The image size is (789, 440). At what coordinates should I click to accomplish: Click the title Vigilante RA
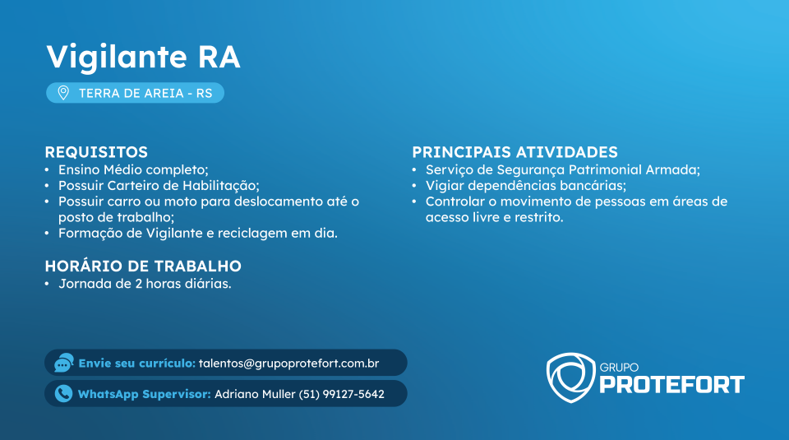point(143,58)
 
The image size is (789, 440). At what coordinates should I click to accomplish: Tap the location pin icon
point(63,93)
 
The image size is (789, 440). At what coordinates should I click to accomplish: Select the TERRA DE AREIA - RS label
point(145,93)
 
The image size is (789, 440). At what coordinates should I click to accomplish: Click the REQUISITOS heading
point(96,152)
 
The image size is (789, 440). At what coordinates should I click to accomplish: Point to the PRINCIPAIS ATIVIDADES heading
point(514,152)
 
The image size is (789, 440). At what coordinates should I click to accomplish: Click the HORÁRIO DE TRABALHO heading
point(143,266)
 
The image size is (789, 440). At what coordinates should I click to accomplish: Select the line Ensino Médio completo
point(133,170)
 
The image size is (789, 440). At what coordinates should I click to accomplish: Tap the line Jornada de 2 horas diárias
point(145,284)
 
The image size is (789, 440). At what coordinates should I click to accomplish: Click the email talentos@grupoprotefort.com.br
point(288,364)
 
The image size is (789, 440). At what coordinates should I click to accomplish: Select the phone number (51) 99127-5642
point(342,394)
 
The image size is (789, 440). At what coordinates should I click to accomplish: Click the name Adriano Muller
point(255,394)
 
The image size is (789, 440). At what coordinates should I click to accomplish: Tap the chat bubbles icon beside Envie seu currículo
point(64,363)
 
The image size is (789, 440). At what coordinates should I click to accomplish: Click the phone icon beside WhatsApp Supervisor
point(63,394)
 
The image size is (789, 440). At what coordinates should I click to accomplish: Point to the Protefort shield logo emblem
point(570,377)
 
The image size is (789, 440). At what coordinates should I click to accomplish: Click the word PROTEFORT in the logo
point(671,385)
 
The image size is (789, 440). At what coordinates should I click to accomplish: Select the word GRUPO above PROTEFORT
point(619,368)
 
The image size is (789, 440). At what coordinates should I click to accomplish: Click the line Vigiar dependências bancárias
point(526,186)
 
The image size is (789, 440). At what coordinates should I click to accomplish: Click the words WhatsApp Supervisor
point(145,394)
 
